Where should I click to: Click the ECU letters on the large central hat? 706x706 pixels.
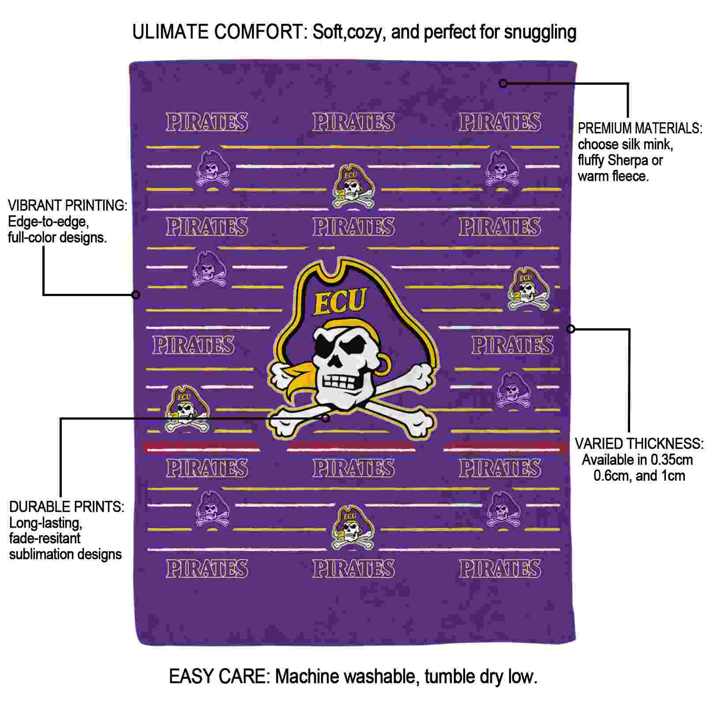click(x=340, y=302)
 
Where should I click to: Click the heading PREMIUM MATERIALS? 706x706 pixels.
click(x=640, y=128)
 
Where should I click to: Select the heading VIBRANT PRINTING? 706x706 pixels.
click(x=68, y=205)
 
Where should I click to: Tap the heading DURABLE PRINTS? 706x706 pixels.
click(x=67, y=507)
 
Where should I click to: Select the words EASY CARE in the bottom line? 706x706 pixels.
click(x=219, y=676)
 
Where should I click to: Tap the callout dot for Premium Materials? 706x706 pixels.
click(x=503, y=83)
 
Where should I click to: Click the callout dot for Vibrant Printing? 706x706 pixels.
click(x=136, y=294)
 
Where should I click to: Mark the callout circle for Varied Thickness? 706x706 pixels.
click(x=571, y=329)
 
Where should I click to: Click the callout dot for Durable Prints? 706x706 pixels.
click(x=326, y=418)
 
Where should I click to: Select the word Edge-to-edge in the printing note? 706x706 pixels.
click(x=49, y=222)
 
